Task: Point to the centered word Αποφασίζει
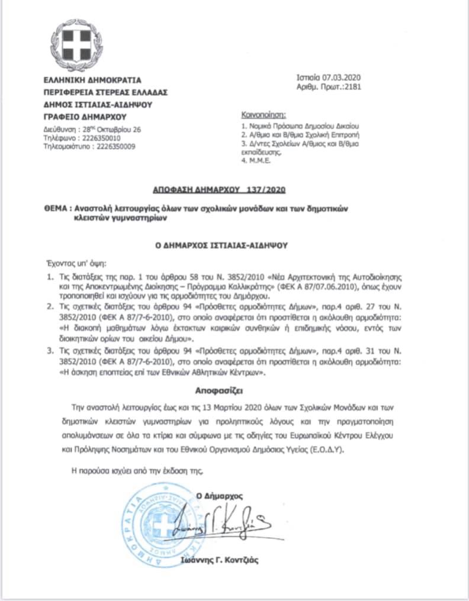click(x=223, y=391)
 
